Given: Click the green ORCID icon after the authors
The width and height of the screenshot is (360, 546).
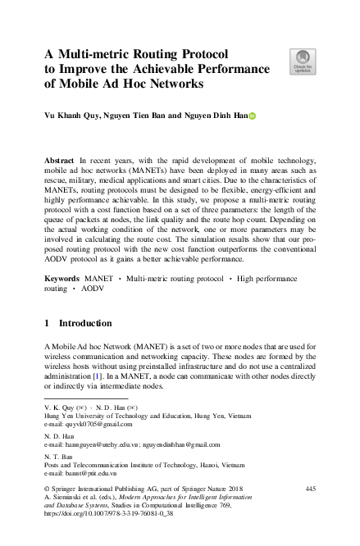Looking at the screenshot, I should (253, 116).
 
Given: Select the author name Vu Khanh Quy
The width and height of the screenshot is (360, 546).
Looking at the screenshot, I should (72, 116).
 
